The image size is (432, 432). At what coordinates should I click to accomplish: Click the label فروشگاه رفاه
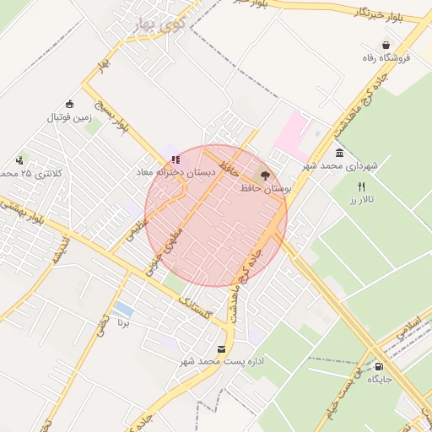[386, 58]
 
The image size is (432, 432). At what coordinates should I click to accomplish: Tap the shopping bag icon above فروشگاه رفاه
[386, 46]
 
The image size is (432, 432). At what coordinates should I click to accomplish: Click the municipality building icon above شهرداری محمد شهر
[339, 153]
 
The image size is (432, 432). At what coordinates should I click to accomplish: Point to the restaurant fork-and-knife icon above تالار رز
[362, 186]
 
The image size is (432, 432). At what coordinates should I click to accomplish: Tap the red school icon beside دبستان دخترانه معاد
[175, 159]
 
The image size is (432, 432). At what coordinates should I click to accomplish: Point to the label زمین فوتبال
[68, 116]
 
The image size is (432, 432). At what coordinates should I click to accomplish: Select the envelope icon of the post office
[222, 348]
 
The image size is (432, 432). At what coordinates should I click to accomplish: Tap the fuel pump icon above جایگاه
[378, 366]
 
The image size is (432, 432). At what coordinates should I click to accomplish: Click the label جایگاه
[379, 380]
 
